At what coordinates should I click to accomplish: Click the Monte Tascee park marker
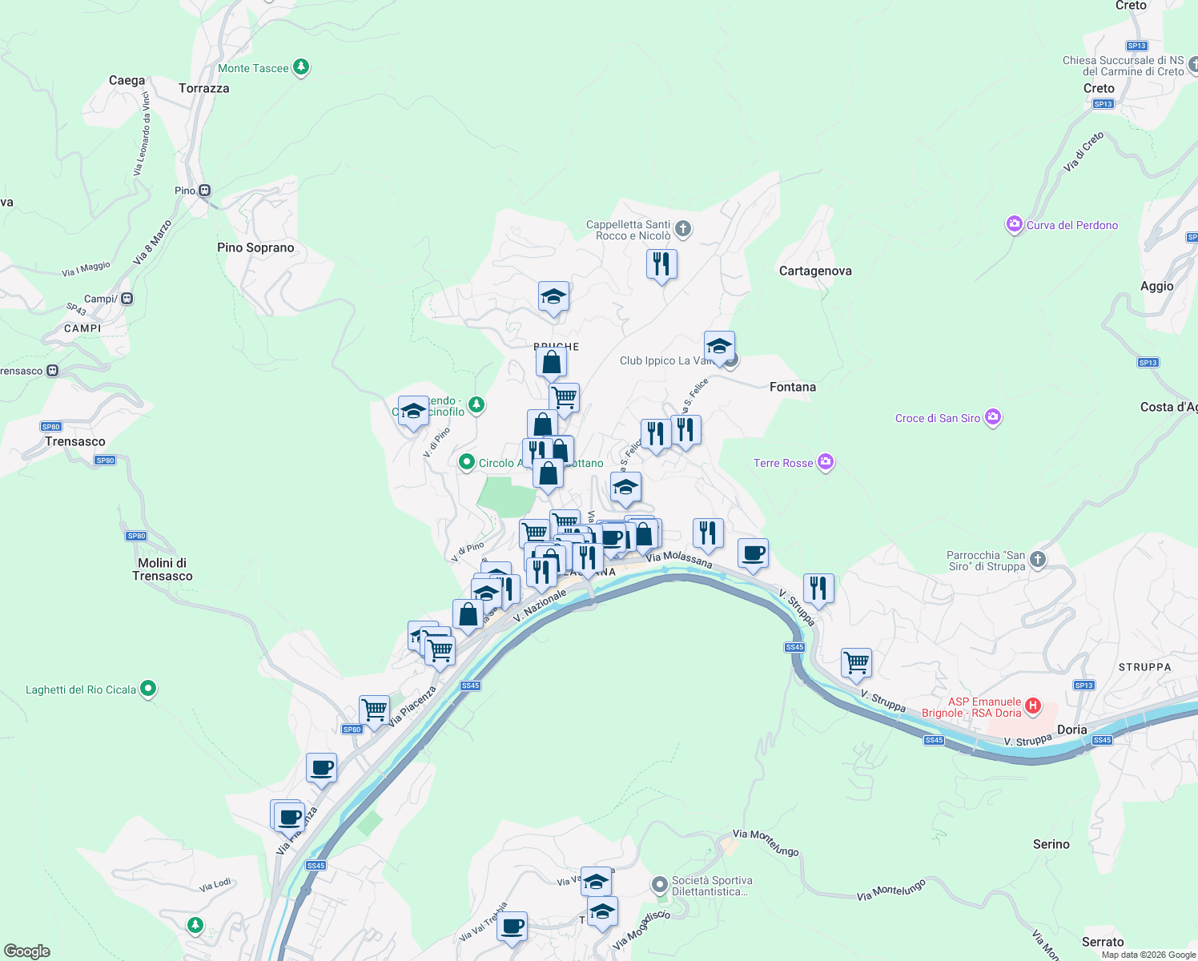tap(301, 67)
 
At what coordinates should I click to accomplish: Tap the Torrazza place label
tap(204, 88)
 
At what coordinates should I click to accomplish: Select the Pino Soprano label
tap(255, 247)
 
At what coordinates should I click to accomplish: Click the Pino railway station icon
tap(205, 191)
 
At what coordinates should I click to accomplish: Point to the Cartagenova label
tap(815, 271)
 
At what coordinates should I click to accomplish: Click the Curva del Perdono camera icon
tap(1015, 224)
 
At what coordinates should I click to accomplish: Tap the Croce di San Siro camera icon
tap(993, 417)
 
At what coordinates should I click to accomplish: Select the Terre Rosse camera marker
tap(826, 462)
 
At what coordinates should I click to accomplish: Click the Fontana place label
tap(792, 387)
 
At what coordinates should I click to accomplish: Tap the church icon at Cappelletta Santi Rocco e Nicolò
tap(683, 230)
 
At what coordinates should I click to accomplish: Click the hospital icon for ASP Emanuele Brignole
tap(1033, 706)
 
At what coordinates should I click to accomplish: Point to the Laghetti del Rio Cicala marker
tap(147, 689)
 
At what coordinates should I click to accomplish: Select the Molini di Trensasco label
tap(162, 569)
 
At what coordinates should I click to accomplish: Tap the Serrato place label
tap(1103, 942)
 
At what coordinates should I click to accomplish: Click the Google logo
tap(27, 951)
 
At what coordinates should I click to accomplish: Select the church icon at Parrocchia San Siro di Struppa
tap(1038, 559)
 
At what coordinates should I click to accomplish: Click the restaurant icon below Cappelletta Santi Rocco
tap(661, 263)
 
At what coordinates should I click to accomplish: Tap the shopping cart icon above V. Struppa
tap(856, 662)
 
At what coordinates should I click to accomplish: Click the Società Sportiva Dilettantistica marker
tap(659, 885)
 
